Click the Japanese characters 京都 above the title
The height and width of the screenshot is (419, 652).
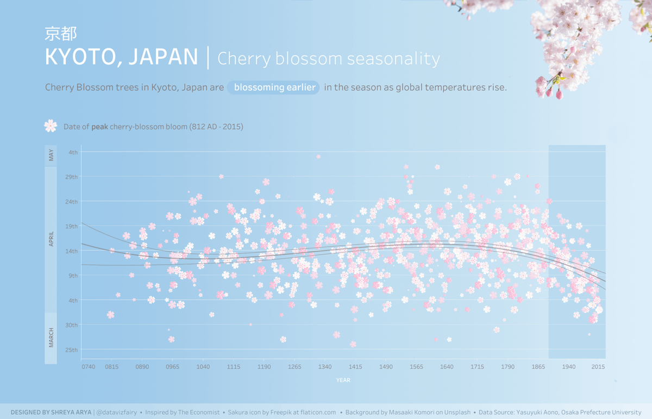click(x=60, y=34)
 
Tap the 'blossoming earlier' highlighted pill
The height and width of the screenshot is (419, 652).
click(x=274, y=87)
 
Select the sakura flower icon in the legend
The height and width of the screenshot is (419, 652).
click(x=51, y=126)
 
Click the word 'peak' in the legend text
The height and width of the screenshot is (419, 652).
click(x=99, y=127)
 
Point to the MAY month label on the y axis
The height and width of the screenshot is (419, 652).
click(x=51, y=155)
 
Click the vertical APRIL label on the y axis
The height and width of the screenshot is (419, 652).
click(x=51, y=239)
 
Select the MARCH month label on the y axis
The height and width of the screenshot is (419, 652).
click(x=51, y=337)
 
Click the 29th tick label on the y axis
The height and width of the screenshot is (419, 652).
click(x=72, y=177)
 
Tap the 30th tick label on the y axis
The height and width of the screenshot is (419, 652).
click(x=72, y=325)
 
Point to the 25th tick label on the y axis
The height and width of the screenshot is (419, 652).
click(x=72, y=350)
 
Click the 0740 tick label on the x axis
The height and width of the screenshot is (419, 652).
click(x=88, y=367)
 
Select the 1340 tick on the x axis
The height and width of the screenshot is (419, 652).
click(x=325, y=367)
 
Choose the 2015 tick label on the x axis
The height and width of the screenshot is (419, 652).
click(x=598, y=367)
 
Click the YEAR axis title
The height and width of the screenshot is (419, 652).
click(x=343, y=380)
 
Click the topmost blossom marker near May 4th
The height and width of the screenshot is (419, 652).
click(x=318, y=157)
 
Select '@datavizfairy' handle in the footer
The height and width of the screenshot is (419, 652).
click(x=116, y=412)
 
